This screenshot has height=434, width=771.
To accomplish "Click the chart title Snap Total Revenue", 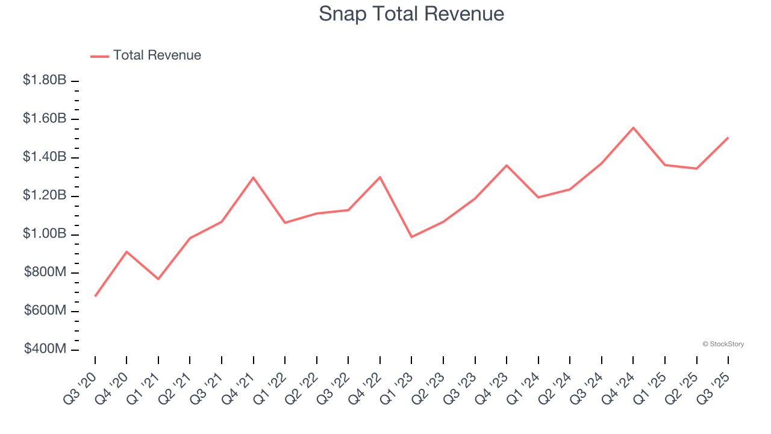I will click(x=411, y=13).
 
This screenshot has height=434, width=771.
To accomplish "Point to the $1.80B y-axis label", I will click(x=45, y=80).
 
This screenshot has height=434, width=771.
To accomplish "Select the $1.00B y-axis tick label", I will click(x=45, y=234).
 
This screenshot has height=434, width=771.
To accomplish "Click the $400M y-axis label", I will click(x=45, y=349).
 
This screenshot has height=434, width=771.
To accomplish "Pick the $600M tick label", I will click(x=45, y=310).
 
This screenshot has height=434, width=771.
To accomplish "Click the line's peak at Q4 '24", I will click(x=633, y=128).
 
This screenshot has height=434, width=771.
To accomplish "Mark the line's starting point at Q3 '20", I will click(x=95, y=296).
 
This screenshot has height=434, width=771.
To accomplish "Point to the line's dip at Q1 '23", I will click(x=411, y=237).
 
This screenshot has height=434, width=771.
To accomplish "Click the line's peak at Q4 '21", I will click(x=254, y=177).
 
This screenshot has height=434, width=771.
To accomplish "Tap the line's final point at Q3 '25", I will click(x=728, y=137).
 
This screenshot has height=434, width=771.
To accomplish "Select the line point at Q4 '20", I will click(x=126, y=251).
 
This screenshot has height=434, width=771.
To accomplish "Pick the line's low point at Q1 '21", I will click(x=158, y=279).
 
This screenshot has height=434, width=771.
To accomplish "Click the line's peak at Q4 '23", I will click(x=507, y=165).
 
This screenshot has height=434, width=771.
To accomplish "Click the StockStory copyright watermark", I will click(x=723, y=344).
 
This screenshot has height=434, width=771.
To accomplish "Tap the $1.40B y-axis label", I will click(x=45, y=157).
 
